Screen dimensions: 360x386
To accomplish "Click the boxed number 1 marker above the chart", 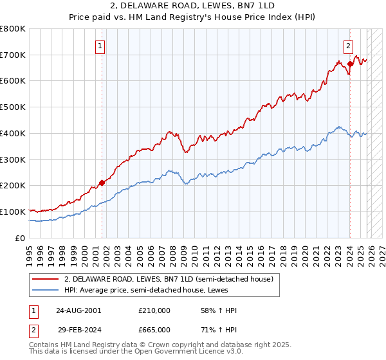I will pyautogui.click(x=102, y=46).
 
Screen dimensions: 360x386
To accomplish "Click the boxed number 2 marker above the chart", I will pyautogui.click(x=348, y=46).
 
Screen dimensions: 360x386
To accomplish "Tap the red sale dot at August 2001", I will pyautogui.click(x=102, y=183).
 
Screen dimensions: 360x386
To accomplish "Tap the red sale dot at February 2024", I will pyautogui.click(x=350, y=64).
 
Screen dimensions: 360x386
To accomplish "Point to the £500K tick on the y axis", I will pyautogui.click(x=14, y=107).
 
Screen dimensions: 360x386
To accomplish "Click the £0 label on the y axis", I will pyautogui.click(x=21, y=238).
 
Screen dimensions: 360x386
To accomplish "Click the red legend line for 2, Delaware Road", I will pyautogui.click(x=46, y=279).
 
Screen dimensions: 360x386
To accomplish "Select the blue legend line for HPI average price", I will pyautogui.click(x=46, y=290).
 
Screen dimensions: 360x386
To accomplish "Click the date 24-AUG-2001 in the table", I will pyautogui.click(x=78, y=310).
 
